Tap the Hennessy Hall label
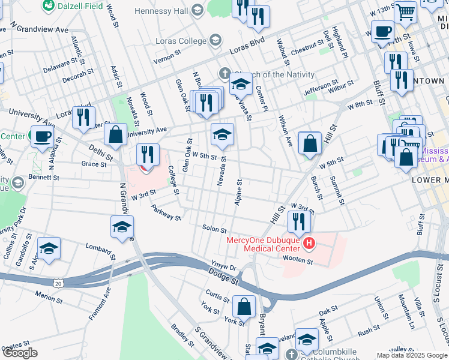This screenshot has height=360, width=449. (x=161, y=11)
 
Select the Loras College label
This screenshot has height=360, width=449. (x=180, y=41)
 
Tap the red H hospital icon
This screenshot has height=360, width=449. (x=309, y=243)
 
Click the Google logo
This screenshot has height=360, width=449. (x=20, y=353)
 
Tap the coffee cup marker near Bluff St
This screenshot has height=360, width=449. (x=382, y=31)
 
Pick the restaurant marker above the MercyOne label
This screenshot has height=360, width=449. (x=298, y=221)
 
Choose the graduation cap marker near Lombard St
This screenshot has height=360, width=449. (x=49, y=248)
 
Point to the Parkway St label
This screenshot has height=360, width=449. (x=166, y=212)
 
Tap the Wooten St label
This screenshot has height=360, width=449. (x=298, y=261)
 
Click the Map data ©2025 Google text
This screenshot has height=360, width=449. (x=412, y=355)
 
